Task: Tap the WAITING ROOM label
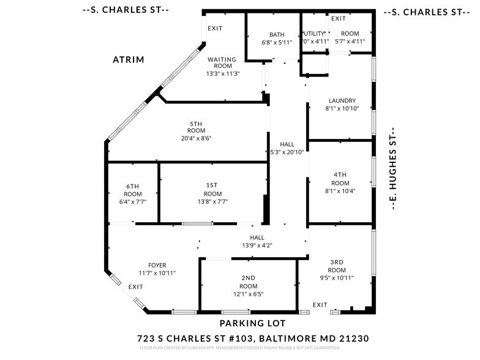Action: point(222,63)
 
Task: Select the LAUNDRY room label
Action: point(342,101)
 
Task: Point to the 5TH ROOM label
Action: point(196,127)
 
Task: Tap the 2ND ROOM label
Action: point(248,282)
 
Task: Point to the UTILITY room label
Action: point(314,34)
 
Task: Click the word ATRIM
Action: point(128,60)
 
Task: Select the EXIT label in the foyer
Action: point(136,287)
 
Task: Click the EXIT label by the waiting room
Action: point(215,28)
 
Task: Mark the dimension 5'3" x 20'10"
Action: point(288,152)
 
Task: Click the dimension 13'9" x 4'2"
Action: point(257,246)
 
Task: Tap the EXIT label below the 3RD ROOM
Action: point(320,304)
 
